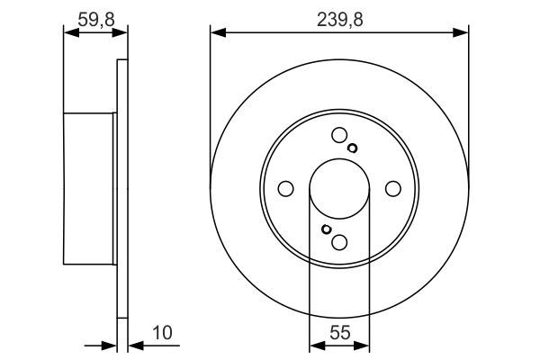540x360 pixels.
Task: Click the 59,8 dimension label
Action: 96,20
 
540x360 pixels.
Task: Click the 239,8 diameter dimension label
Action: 339,20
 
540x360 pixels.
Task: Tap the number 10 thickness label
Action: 162,333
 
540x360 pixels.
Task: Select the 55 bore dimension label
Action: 339,333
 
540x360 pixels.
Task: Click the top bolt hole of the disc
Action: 339,135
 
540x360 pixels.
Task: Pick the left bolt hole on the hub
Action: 285,189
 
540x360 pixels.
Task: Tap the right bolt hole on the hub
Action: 393,189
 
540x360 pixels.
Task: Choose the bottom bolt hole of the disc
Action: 339,242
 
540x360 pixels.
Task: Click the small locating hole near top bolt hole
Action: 352,148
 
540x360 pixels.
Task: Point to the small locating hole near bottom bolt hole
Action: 326,229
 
